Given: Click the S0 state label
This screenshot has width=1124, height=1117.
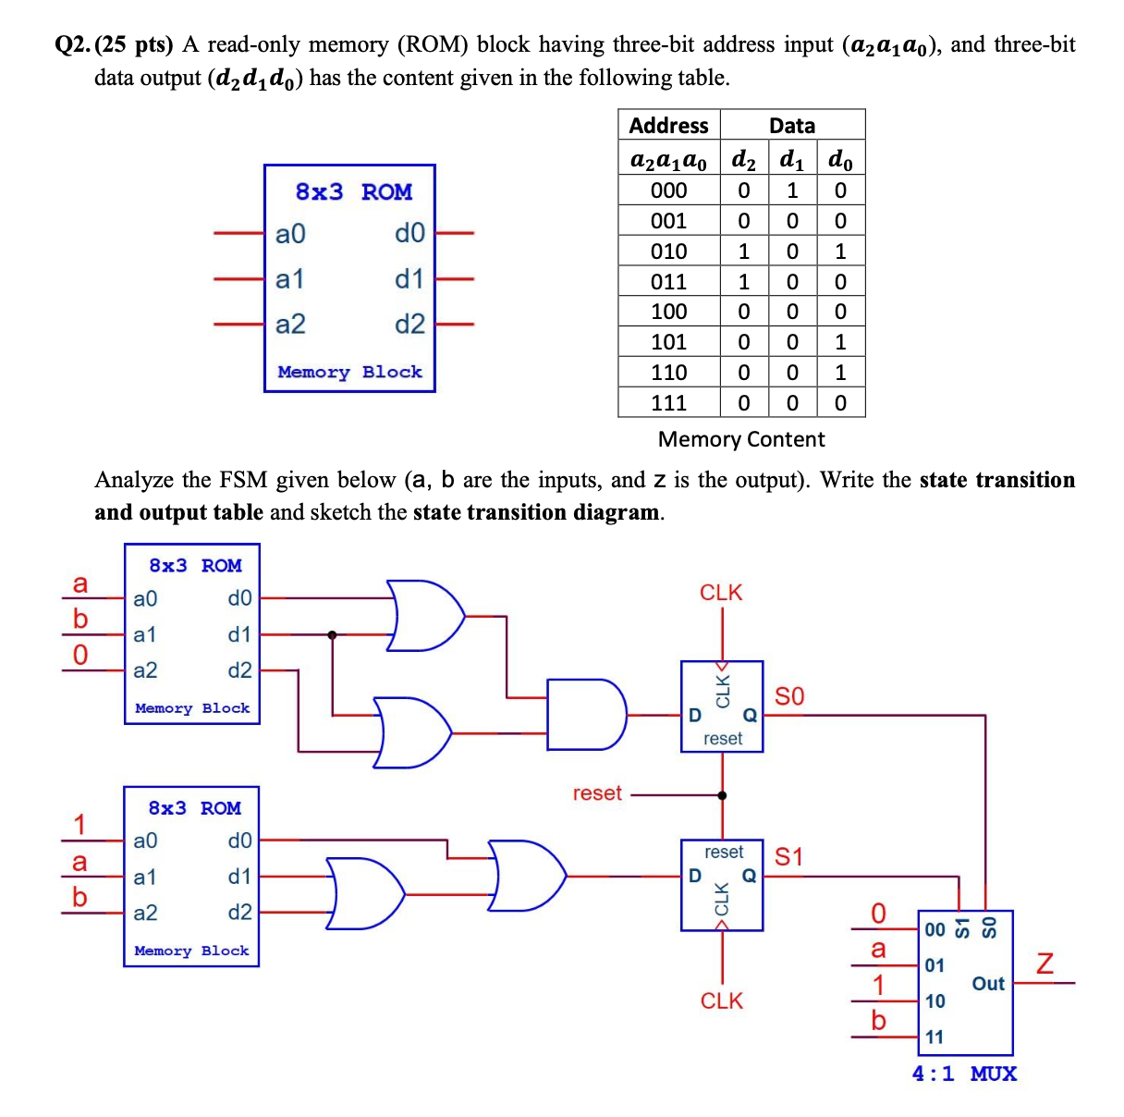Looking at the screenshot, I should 788,696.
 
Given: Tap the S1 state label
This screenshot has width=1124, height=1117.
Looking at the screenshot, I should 788,857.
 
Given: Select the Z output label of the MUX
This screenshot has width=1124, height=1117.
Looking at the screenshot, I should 1045,964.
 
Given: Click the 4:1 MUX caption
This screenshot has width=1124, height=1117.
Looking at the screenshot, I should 964,1074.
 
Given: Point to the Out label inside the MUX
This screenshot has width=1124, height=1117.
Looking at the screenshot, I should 987,984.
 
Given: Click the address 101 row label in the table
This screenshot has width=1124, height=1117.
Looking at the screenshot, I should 668,342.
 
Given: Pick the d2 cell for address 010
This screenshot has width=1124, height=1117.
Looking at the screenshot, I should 743,252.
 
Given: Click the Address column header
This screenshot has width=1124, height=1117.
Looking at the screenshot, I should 668,126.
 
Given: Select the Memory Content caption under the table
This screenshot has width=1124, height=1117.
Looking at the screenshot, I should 741,439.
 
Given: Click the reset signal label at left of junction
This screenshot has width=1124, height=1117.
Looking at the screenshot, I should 597,793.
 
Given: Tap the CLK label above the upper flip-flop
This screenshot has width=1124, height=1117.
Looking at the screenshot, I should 721,593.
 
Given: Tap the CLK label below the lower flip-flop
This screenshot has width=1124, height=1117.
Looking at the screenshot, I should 721,1000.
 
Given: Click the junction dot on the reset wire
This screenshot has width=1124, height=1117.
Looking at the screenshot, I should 722,795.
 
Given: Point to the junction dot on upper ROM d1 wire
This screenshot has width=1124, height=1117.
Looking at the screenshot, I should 332,634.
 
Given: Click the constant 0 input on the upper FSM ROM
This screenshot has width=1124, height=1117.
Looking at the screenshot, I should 80,656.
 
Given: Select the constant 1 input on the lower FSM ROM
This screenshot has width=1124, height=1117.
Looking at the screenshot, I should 80,823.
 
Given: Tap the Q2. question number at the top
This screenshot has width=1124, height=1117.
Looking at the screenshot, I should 74,45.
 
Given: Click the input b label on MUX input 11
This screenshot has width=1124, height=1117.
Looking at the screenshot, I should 878,1020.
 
